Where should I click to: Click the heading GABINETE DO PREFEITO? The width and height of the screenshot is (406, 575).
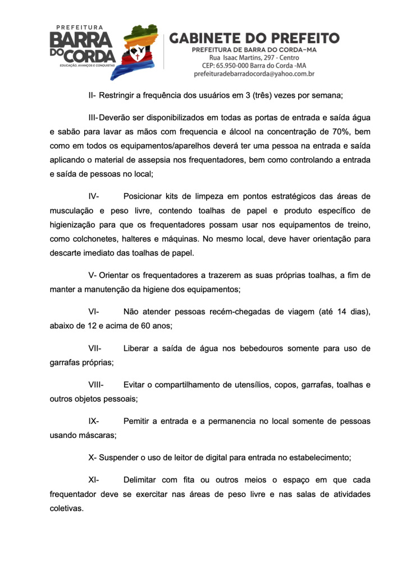(254, 38)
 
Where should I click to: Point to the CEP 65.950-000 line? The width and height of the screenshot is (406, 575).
(254, 66)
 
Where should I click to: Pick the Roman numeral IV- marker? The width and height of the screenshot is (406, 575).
(94, 197)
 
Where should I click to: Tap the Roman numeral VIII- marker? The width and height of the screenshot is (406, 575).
(97, 385)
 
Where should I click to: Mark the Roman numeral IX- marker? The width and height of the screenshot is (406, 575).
(94, 421)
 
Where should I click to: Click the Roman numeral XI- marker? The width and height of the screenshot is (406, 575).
(94, 480)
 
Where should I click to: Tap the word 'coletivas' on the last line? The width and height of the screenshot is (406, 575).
(66, 509)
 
